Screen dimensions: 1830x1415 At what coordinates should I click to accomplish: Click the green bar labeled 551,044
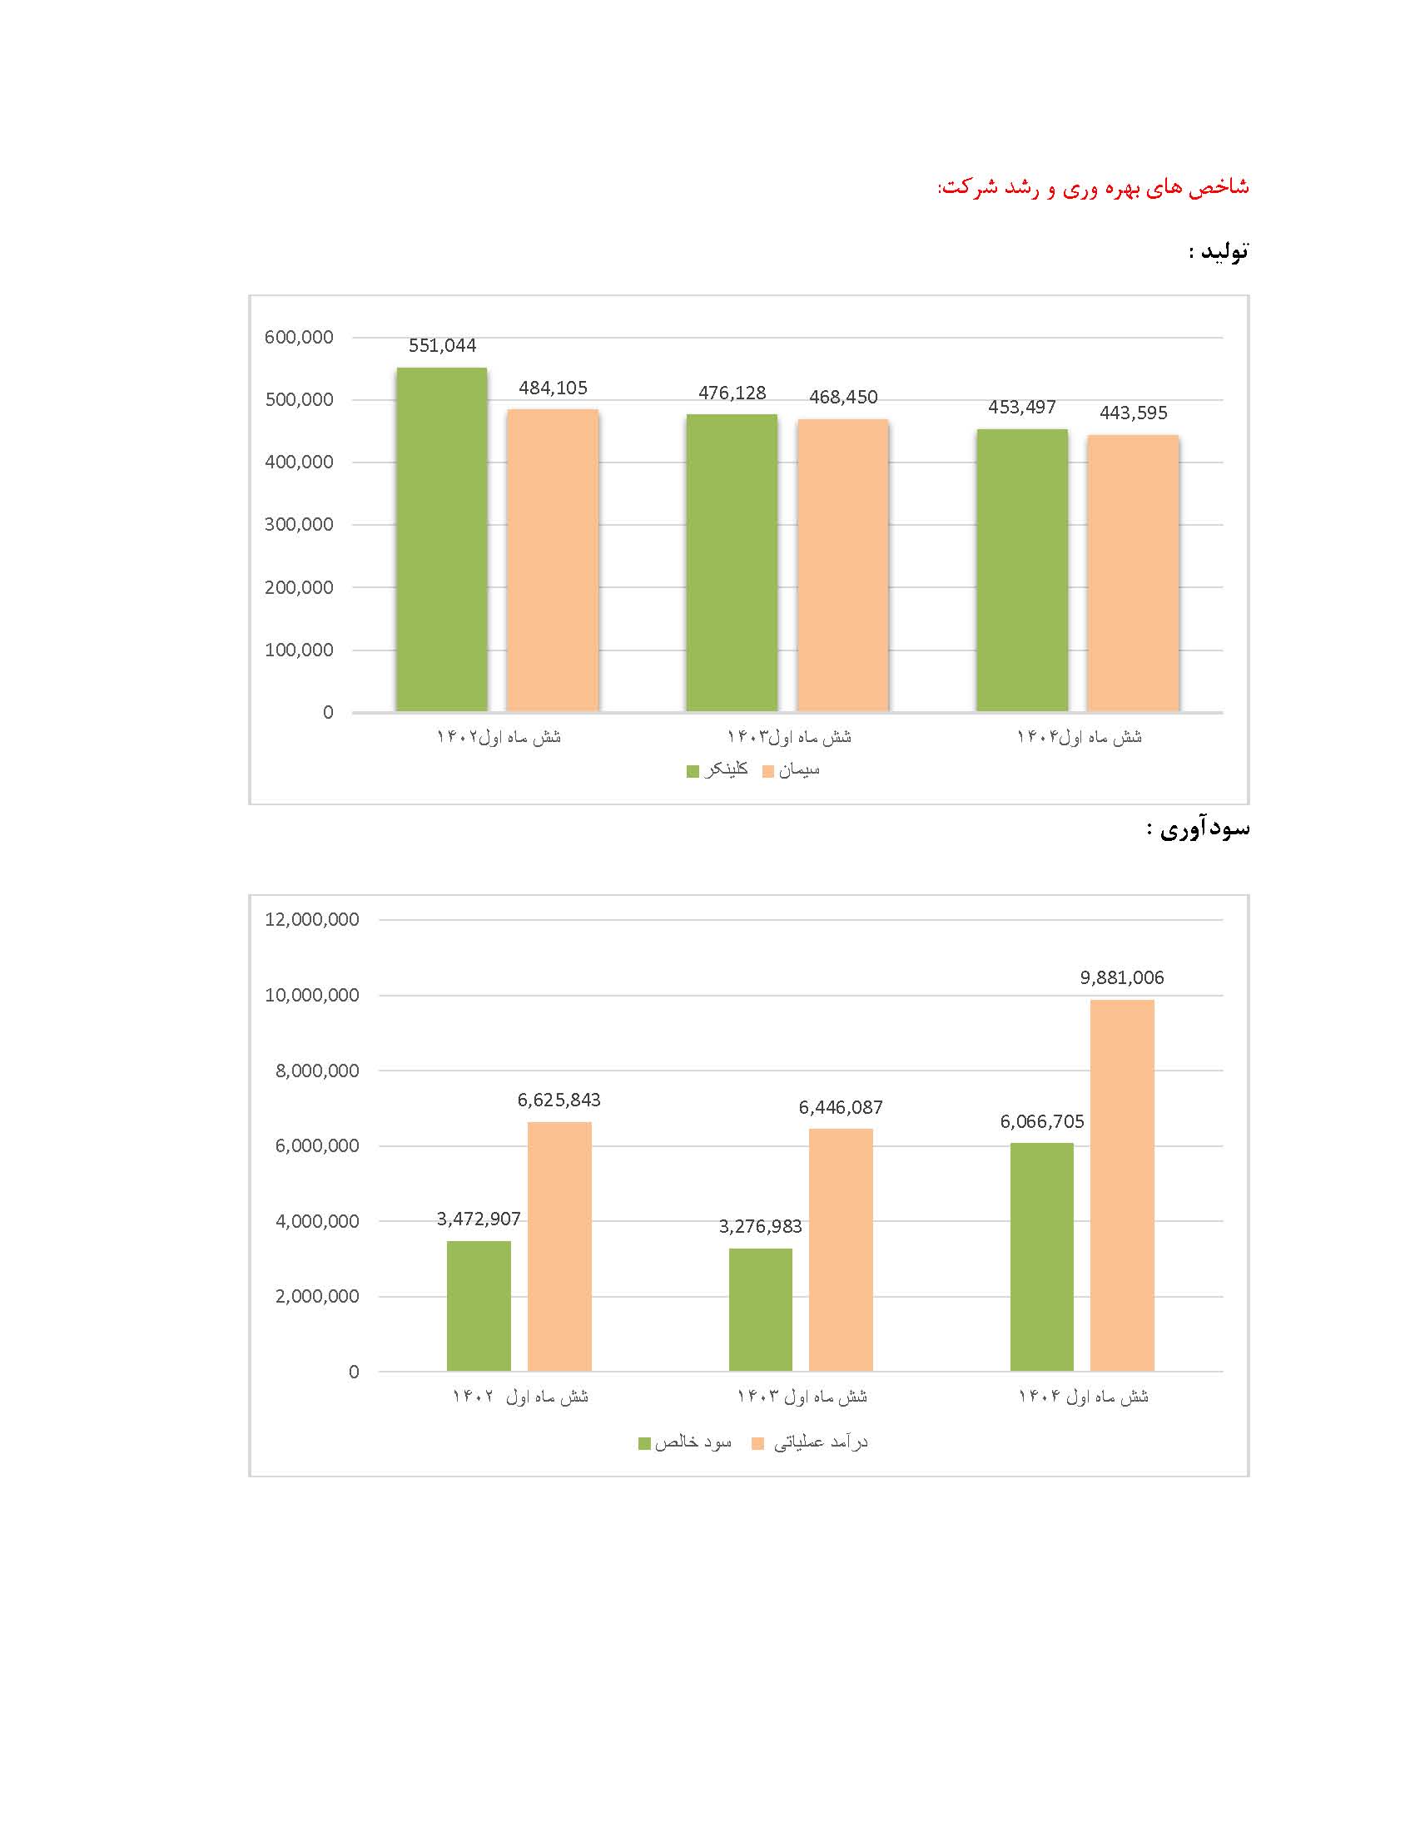[x=442, y=540]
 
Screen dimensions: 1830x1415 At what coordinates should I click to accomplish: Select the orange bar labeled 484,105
[x=553, y=561]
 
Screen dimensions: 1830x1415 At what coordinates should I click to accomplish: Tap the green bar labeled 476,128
[x=732, y=563]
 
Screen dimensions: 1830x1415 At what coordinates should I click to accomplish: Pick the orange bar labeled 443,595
[x=1133, y=573]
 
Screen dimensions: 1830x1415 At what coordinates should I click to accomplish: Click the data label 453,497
[x=1022, y=408]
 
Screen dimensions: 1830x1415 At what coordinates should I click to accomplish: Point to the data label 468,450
[x=843, y=397]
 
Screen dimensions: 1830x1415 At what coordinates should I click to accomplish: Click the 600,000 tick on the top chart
[x=300, y=337]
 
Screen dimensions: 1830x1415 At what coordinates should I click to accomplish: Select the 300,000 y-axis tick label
[x=300, y=525]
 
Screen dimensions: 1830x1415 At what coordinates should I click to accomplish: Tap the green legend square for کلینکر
[x=693, y=771]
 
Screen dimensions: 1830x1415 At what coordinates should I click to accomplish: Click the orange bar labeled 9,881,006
[x=1122, y=1185]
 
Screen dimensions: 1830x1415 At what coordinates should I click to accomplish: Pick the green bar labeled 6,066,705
[x=1041, y=1257]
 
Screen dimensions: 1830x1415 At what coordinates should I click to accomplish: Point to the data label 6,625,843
[x=559, y=1100]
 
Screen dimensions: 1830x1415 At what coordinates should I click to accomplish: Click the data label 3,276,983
[x=760, y=1227]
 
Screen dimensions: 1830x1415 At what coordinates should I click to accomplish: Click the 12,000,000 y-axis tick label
[x=312, y=919]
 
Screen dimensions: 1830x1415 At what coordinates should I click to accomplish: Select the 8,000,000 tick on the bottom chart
[x=317, y=1070]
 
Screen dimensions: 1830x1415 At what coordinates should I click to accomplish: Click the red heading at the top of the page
[x=1093, y=186]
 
